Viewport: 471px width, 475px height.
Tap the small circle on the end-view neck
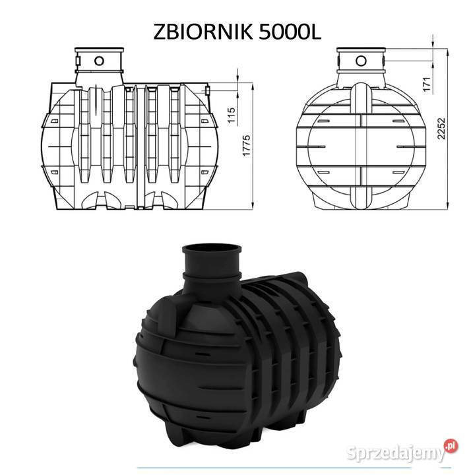(x=361, y=61)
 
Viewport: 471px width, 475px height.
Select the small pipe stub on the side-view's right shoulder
(x=208, y=89)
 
